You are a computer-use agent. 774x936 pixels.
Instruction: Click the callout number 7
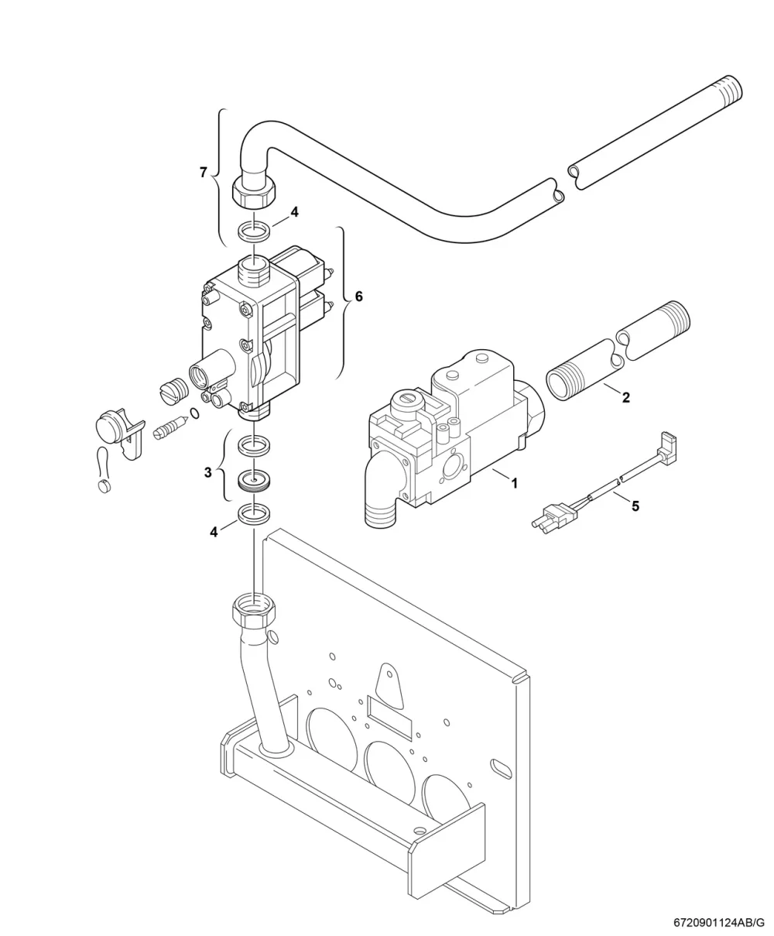[x=204, y=172]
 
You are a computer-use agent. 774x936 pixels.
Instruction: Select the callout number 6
[x=359, y=297]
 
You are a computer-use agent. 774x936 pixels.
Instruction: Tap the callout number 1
[x=515, y=483]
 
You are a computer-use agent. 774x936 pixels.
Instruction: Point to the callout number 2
[x=625, y=397]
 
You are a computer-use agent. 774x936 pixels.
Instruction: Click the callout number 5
[x=635, y=506]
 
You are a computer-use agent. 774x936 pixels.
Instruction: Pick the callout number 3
[x=208, y=472]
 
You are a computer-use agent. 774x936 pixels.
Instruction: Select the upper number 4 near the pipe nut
[x=294, y=212]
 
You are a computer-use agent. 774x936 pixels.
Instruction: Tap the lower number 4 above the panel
[x=214, y=532]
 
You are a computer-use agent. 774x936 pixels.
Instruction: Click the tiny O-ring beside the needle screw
[x=195, y=413]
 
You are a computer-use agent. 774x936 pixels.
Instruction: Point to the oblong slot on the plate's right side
[x=502, y=769]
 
